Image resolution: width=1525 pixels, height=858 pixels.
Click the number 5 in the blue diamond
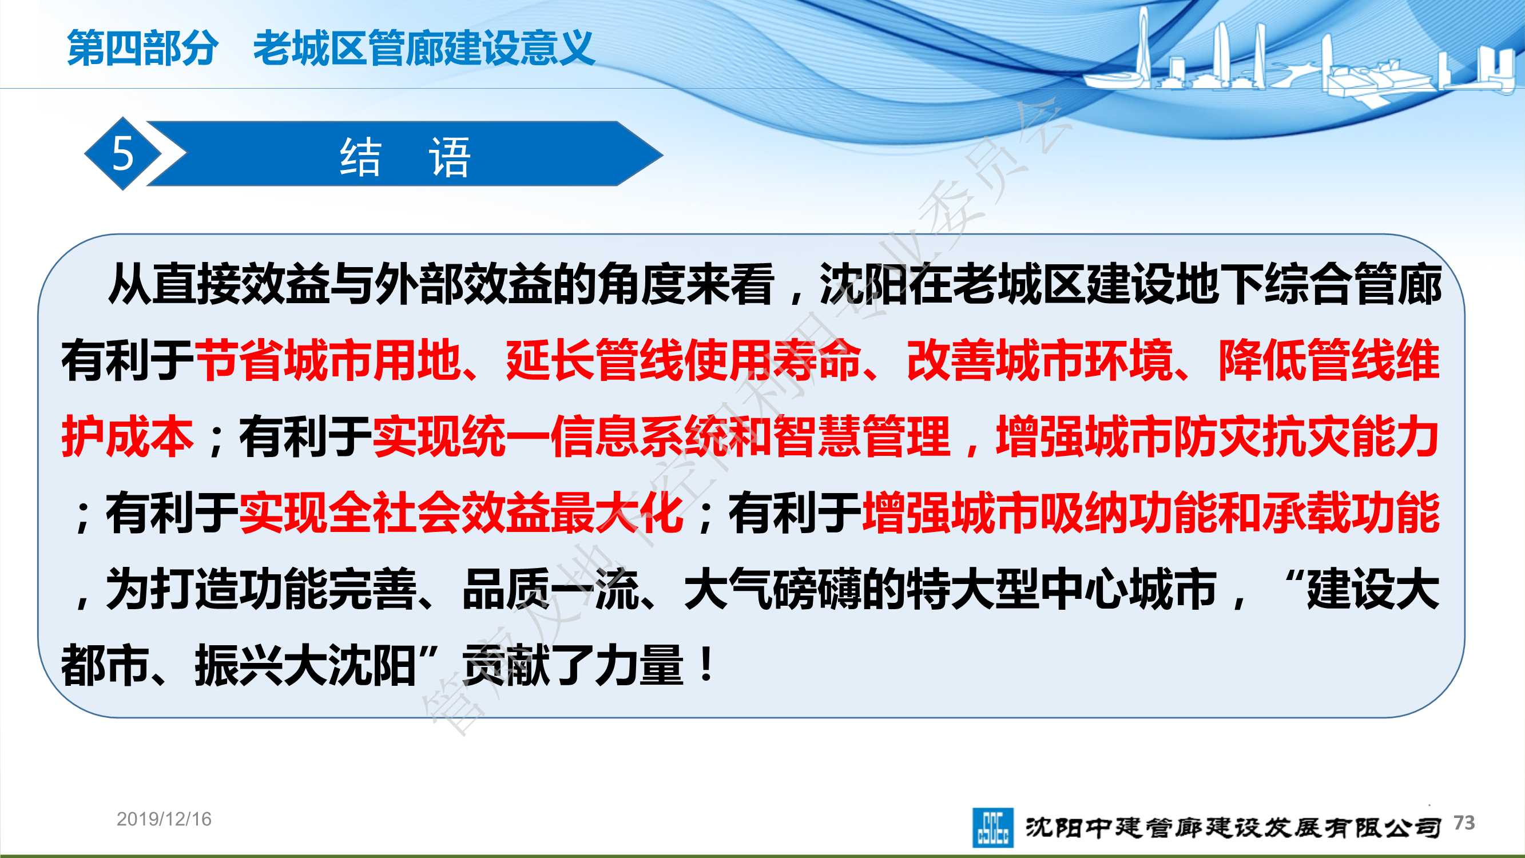click(122, 154)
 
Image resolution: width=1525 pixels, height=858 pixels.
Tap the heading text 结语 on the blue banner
click(406, 157)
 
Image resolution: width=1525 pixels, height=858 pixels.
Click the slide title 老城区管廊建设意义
click(424, 48)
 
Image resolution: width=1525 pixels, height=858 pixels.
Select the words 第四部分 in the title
click(142, 48)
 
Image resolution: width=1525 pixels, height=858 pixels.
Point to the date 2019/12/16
click(164, 819)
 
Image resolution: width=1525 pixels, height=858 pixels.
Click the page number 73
click(1464, 823)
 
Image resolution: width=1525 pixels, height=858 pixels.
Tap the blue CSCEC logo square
click(992, 827)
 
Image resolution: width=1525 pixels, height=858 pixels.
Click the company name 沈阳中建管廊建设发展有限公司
click(1233, 827)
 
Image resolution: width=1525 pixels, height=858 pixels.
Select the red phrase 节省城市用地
click(328, 359)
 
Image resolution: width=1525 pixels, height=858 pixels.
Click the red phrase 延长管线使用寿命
click(684, 359)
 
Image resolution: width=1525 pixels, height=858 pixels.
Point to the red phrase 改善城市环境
click(1039, 359)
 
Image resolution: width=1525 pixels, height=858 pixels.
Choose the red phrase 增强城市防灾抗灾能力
click(1218, 436)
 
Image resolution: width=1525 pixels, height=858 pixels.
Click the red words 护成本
click(128, 436)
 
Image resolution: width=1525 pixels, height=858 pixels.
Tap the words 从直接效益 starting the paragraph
click(219, 284)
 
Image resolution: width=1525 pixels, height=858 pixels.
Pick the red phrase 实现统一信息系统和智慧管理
click(661, 436)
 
